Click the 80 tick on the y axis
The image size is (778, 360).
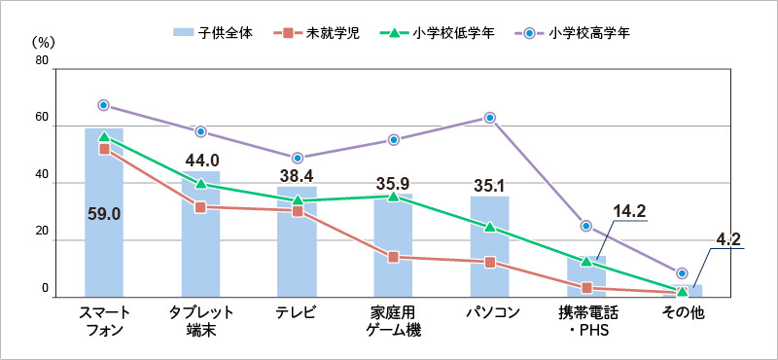tap(43, 61)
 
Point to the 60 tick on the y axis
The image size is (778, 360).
tap(43, 119)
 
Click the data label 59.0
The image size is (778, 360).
tap(103, 214)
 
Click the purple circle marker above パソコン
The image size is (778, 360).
tap(490, 118)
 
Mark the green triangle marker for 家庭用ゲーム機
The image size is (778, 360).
tap(393, 196)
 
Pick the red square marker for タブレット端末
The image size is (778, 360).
tap(200, 207)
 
